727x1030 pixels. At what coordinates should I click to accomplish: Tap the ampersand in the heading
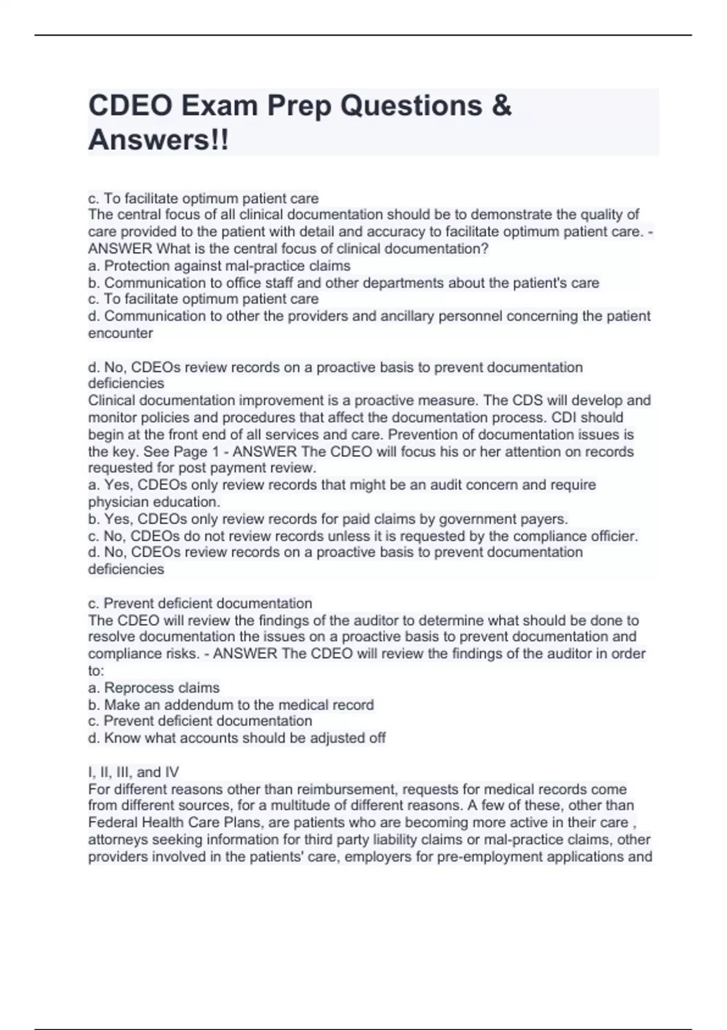[502, 106]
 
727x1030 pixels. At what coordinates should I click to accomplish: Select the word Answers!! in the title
[159, 141]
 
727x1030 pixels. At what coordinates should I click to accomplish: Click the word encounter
[121, 333]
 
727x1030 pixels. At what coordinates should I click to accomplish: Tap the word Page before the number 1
[191, 452]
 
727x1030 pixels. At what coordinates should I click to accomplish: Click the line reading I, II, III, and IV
[133, 772]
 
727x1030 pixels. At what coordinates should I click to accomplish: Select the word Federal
[113, 823]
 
